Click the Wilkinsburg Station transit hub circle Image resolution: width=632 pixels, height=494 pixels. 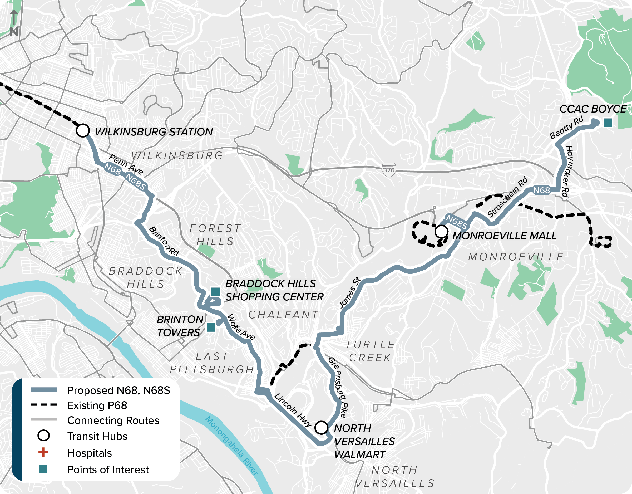click(83, 131)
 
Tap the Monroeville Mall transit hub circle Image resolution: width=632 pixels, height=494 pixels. click(442, 232)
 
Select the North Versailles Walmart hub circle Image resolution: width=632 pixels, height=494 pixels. click(321, 427)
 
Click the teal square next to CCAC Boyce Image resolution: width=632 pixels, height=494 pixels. click(608, 123)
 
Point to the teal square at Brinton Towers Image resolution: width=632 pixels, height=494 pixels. click(211, 327)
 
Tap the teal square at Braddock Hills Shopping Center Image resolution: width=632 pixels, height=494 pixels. click(216, 292)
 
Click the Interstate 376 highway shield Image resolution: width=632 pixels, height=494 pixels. click(389, 170)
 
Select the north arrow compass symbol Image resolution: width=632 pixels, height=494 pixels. click(14, 23)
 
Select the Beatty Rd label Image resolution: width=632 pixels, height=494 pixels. click(566, 128)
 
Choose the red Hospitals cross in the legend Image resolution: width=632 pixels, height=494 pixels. click(43, 452)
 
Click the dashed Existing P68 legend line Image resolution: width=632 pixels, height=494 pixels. click(43, 405)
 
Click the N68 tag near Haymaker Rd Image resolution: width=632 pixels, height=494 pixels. click(541, 190)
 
